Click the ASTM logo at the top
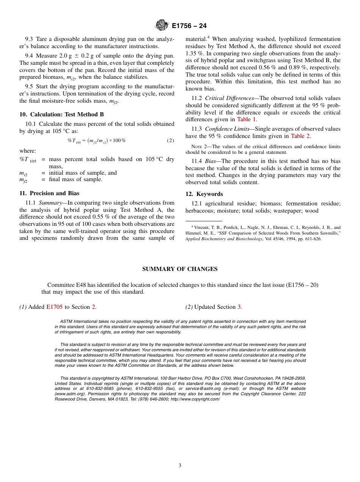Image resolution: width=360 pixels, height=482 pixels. click(162, 25)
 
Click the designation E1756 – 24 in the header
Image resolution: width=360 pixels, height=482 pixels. click(189, 26)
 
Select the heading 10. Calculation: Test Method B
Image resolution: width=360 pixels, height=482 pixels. click(61, 114)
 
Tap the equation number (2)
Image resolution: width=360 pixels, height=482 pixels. click(171, 141)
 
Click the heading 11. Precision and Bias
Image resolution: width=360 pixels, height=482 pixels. click(49, 193)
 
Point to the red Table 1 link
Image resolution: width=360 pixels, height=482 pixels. click(249, 119)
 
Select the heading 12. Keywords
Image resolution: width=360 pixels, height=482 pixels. click(204, 194)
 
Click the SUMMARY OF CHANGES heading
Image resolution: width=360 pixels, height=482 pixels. click(180, 269)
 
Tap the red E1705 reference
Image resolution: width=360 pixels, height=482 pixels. click(54, 307)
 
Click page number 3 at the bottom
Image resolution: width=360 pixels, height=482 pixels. click(180, 466)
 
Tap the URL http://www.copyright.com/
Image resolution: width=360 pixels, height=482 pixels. click(195, 399)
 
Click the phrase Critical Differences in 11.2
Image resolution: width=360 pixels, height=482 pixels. click(229, 99)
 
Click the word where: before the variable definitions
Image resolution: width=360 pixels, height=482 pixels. click(28, 151)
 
